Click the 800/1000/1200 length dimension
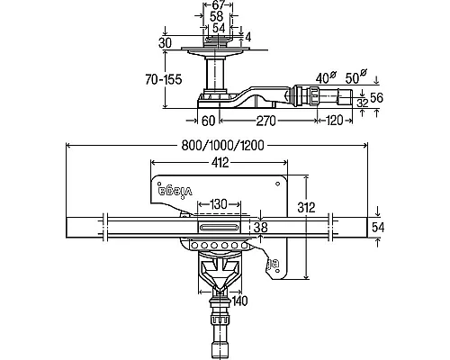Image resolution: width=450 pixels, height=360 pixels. click(x=222, y=146)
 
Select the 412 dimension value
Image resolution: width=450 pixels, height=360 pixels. click(x=220, y=163)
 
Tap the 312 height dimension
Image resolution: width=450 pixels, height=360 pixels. click(x=306, y=207)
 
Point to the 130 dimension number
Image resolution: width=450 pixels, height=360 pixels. click(x=219, y=204)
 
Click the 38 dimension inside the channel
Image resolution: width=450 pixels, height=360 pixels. click(x=261, y=228)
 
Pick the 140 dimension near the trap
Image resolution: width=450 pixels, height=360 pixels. click(x=239, y=301)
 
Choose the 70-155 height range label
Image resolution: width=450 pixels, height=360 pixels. click(x=164, y=80)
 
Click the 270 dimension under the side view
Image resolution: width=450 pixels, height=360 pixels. click(x=265, y=121)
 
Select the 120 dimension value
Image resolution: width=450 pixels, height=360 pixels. click(x=333, y=121)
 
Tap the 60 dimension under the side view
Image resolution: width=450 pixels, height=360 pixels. click(x=209, y=121)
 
